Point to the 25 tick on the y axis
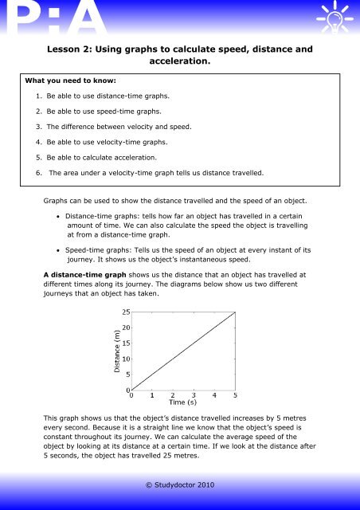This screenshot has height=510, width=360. (125, 312)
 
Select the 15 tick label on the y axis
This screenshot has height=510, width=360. (125, 343)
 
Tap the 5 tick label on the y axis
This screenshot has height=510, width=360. (127, 375)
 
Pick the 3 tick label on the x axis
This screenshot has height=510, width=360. (194, 394)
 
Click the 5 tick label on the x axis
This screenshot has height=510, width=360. (235, 394)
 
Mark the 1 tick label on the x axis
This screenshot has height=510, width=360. (153, 394)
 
